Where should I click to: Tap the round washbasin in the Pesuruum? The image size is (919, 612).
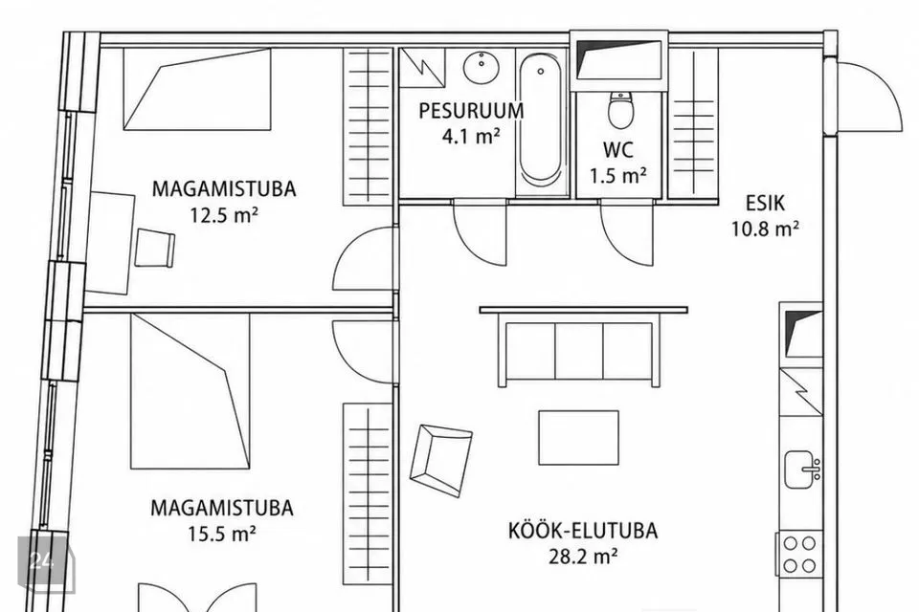tap(482, 67)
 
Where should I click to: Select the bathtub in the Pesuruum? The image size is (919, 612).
tap(540, 120)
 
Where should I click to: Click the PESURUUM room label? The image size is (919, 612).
tap(471, 111)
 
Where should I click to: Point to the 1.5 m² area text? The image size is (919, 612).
tap(617, 176)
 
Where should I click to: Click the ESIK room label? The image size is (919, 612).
tap(765, 204)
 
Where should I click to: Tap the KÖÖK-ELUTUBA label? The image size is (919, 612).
tap(583, 531)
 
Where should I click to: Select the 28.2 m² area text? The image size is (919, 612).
tap(583, 556)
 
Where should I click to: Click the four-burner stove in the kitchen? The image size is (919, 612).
tap(799, 554)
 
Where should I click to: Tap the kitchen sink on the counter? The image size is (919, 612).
tap(802, 470)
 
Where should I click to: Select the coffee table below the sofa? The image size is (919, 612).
tap(578, 437)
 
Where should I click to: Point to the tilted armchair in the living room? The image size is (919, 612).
tap(440, 460)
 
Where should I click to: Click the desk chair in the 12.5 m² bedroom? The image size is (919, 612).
tap(155, 248)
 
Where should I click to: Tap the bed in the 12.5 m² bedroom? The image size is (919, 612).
tap(197, 89)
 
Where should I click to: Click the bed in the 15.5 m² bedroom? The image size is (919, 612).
tap(191, 391)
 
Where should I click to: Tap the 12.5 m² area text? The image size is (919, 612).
tap(223, 215)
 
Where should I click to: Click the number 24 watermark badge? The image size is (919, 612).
tap(46, 561)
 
